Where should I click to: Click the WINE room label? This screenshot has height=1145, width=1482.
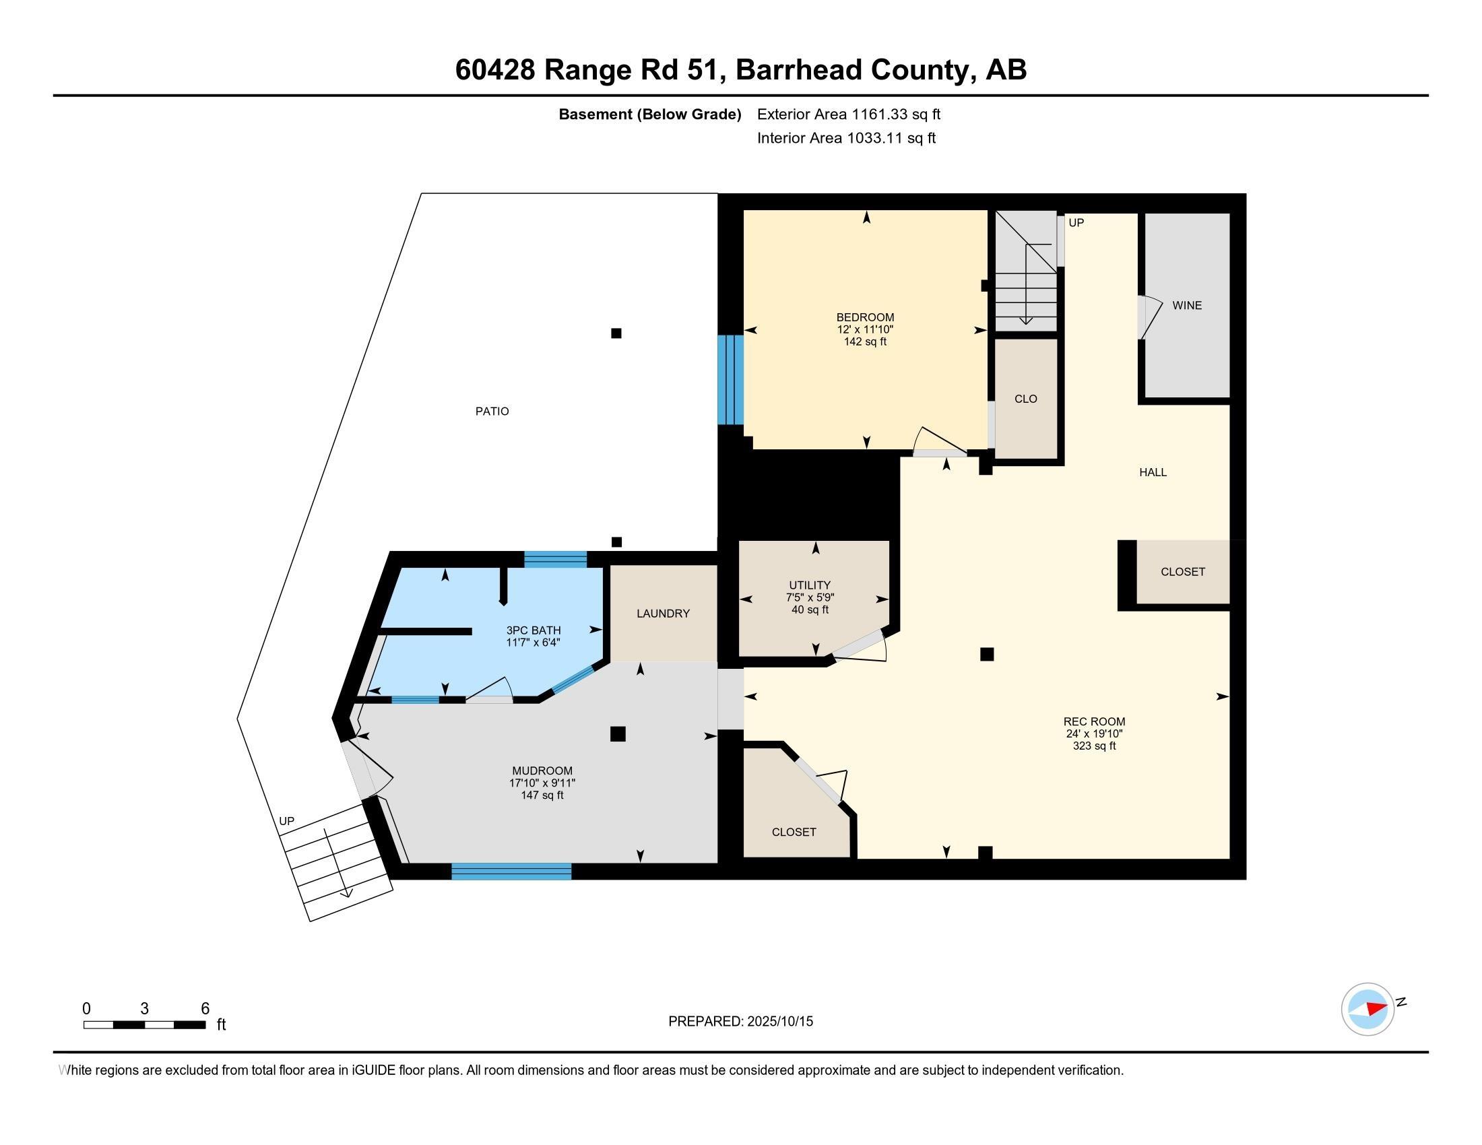point(1187,305)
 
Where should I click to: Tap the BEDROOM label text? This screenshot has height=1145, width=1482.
point(864,317)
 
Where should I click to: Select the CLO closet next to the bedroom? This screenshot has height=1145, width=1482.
point(1025,399)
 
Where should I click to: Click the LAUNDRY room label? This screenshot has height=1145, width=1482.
point(663,613)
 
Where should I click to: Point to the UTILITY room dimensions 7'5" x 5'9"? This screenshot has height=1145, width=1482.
point(810,597)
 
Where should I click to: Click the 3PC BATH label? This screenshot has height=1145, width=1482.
point(534,630)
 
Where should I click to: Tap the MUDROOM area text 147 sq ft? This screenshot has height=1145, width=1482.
point(542,795)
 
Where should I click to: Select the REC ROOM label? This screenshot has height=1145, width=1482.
point(1094,722)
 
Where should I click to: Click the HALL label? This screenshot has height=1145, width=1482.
point(1153,472)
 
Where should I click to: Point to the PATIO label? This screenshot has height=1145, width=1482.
point(492,411)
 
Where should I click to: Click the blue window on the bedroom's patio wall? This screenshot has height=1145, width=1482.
point(731,380)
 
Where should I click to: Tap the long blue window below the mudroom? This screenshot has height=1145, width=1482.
point(511,872)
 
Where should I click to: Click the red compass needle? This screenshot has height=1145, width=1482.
point(1377,1009)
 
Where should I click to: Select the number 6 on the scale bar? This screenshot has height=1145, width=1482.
point(205,1009)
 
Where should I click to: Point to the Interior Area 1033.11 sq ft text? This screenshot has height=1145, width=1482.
point(846,138)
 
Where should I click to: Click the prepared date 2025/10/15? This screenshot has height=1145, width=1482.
point(779,1022)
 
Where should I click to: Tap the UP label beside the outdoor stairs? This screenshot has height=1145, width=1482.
point(286,821)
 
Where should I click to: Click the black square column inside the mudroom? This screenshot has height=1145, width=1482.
point(618,734)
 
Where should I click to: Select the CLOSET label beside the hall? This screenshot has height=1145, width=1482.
point(1183,572)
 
